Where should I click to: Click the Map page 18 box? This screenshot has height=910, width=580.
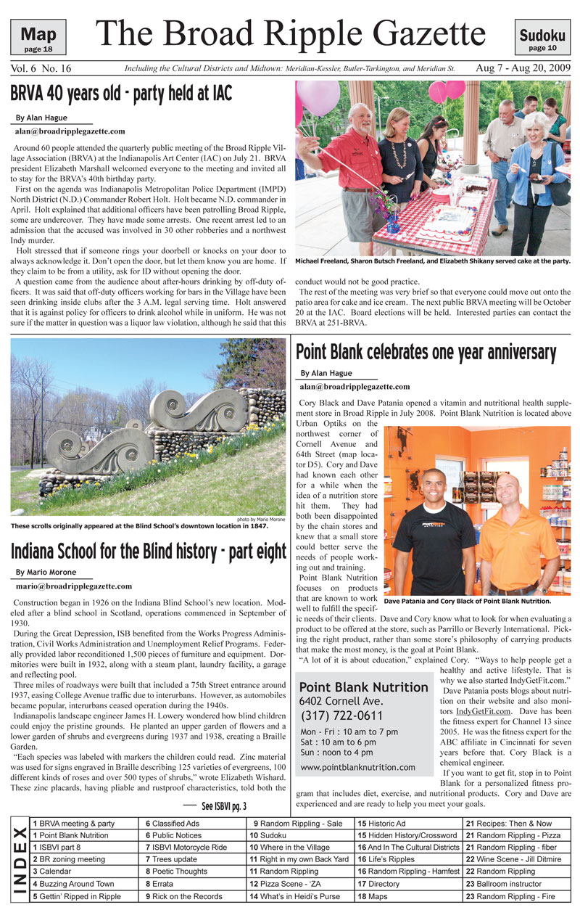[x=38, y=38]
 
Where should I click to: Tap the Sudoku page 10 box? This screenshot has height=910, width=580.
[x=542, y=38]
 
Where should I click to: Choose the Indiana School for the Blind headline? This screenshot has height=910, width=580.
[x=148, y=552]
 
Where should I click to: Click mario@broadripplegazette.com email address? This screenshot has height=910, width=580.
[x=73, y=586]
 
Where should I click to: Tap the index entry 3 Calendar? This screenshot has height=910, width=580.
[x=53, y=872]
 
